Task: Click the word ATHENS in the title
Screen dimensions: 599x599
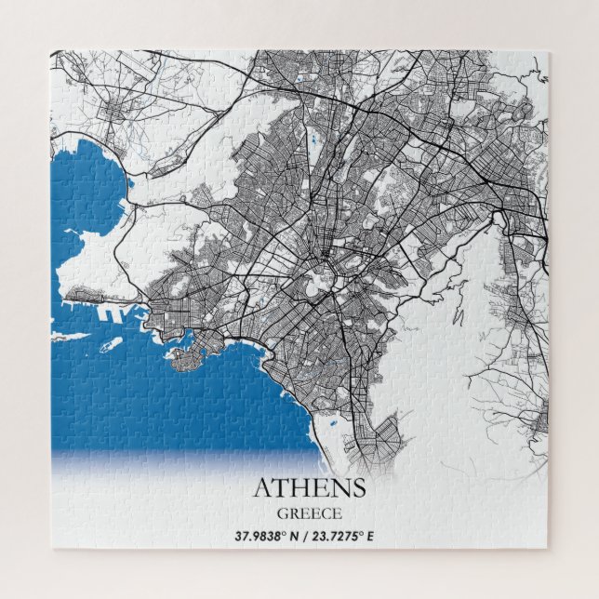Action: (309, 487)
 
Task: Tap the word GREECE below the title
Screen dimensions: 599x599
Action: (309, 512)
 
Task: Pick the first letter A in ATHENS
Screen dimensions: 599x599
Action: (263, 487)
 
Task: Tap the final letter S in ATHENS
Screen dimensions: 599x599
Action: (357, 487)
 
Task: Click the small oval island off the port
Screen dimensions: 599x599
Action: (114, 343)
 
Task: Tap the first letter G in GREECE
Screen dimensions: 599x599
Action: (283, 512)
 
